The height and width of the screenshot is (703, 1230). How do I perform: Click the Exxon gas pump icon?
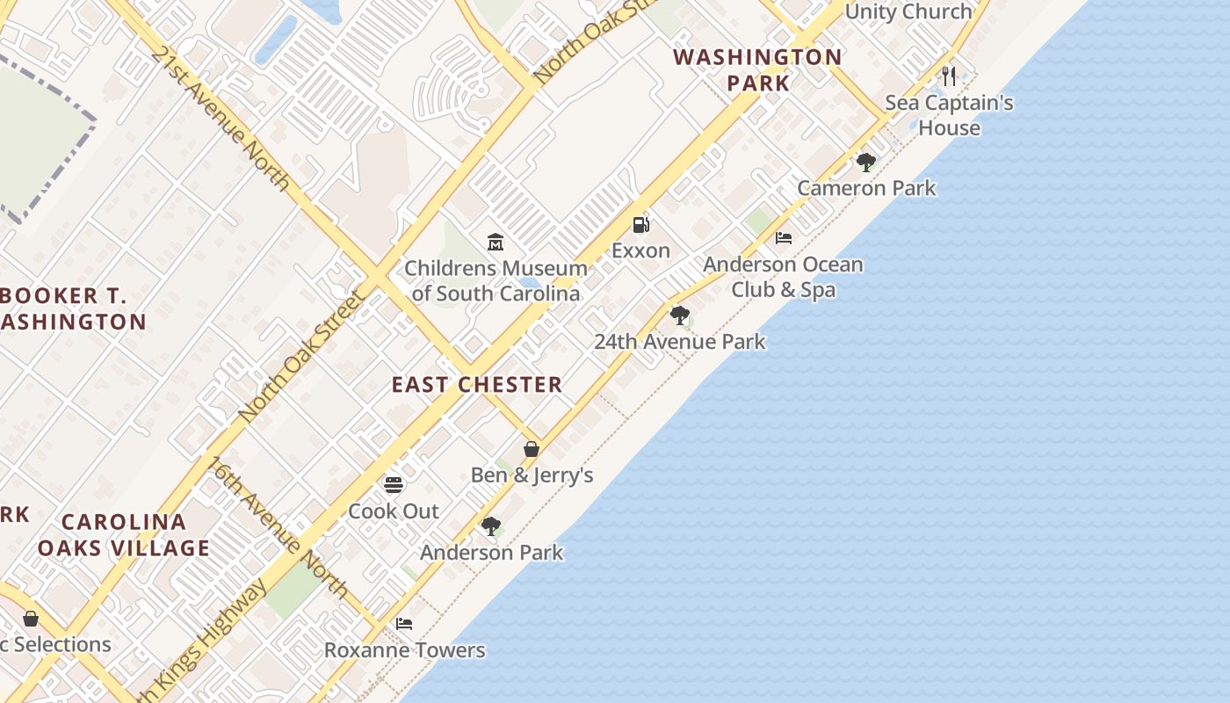click(641, 225)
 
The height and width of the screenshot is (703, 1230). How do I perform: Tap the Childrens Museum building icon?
click(496, 242)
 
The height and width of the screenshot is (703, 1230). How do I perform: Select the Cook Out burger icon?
click(394, 484)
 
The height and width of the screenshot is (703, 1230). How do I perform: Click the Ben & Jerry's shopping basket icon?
click(532, 449)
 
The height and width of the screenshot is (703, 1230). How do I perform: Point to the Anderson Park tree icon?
click(491, 526)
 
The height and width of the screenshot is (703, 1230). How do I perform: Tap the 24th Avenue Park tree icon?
click(679, 315)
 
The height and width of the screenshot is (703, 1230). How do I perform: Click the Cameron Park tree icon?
click(866, 162)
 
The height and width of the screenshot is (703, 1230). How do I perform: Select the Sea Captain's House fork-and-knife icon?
click(948, 76)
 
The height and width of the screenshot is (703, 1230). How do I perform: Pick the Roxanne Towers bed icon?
click(404, 624)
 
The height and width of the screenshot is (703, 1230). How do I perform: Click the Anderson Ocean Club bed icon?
click(784, 238)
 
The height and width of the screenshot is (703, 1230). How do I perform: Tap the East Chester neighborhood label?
click(477, 385)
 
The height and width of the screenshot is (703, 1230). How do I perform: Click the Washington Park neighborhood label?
click(757, 70)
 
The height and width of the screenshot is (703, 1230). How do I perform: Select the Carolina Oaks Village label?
click(124, 535)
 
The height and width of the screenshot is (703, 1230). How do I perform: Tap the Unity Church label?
click(908, 11)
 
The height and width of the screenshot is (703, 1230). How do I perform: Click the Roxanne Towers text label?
click(404, 650)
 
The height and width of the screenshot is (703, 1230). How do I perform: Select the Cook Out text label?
click(394, 511)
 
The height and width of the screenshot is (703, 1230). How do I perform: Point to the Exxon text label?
click(640, 250)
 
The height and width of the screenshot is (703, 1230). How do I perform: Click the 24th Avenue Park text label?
click(679, 342)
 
